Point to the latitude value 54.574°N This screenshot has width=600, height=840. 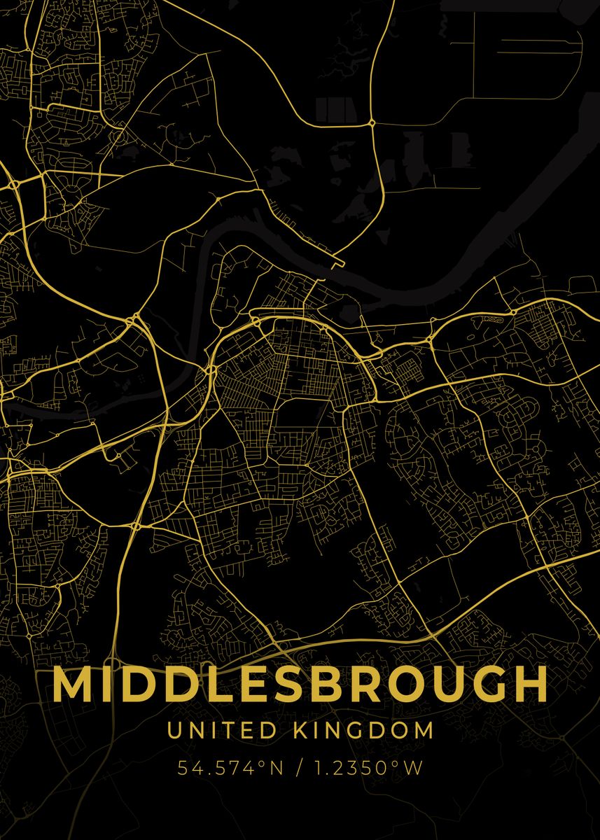click(230, 769)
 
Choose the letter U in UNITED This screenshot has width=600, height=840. click(173, 731)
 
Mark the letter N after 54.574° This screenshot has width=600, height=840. click(277, 769)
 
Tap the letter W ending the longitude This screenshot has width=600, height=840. click(414, 769)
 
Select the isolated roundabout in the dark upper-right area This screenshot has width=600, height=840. click(372, 122)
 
